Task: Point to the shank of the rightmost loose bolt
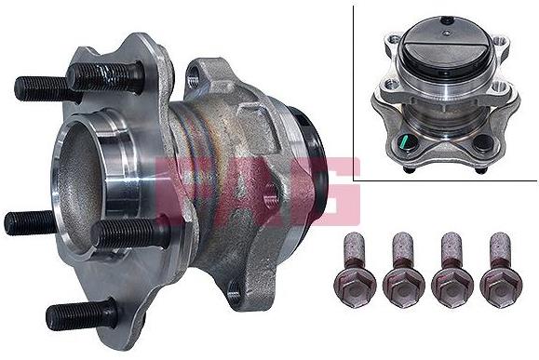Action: [499, 249]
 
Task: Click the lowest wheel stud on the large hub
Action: [82, 313]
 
